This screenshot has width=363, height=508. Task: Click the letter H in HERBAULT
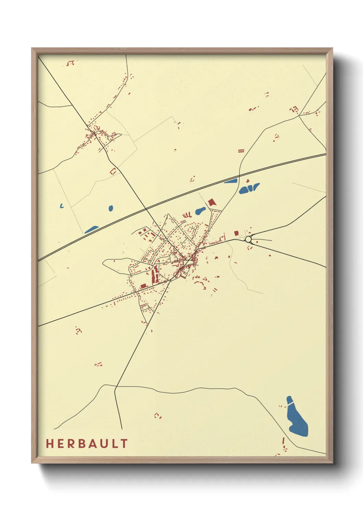pyautogui.click(x=50, y=443)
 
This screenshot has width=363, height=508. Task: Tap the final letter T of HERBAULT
pyautogui.click(x=124, y=443)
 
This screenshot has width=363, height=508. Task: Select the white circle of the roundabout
pyautogui.click(x=248, y=239)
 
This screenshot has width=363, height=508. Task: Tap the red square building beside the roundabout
pyautogui.click(x=236, y=233)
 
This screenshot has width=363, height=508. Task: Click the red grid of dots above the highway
pyautogui.click(x=242, y=151)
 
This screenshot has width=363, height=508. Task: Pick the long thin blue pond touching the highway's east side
pyautogui.click(x=231, y=181)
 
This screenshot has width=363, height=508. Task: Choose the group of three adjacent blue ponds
pyautogui.click(x=249, y=188)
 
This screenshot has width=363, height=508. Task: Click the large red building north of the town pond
pyautogui.click(x=212, y=202)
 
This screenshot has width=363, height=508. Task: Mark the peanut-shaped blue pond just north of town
pyautogui.click(x=200, y=211)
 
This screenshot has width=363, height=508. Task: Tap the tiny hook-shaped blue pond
pyautogui.click(x=61, y=206)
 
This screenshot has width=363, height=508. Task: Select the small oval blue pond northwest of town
pyautogui.click(x=110, y=208)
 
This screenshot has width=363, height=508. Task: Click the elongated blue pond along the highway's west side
pyautogui.click(x=92, y=229)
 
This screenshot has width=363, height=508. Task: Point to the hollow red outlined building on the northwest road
pyautogui.click(x=113, y=171)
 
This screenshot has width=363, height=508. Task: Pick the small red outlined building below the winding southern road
pyautogui.click(x=157, y=416)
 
